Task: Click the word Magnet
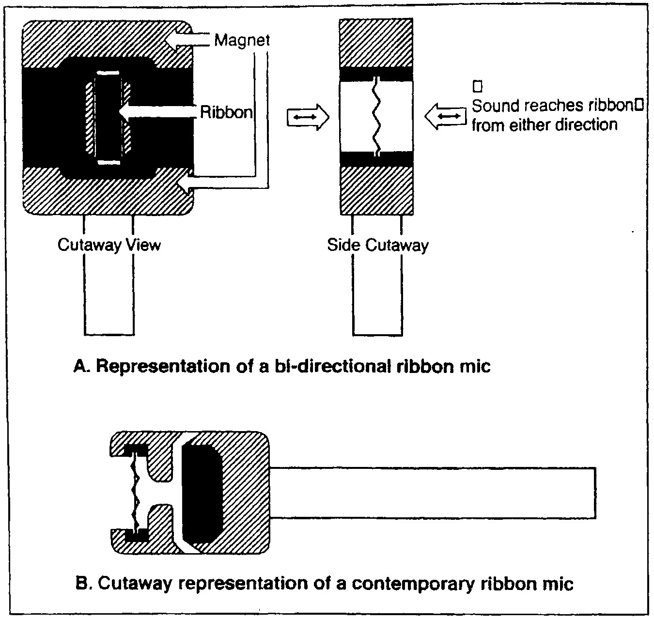(x=242, y=40)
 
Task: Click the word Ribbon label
(x=226, y=112)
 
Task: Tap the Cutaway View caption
(x=109, y=245)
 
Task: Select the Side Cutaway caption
(x=377, y=245)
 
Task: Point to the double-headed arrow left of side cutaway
(x=308, y=117)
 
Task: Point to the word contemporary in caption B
(x=413, y=584)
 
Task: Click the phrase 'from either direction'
(x=545, y=125)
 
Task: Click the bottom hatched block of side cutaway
(x=377, y=190)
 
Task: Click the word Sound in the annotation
(x=496, y=106)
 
